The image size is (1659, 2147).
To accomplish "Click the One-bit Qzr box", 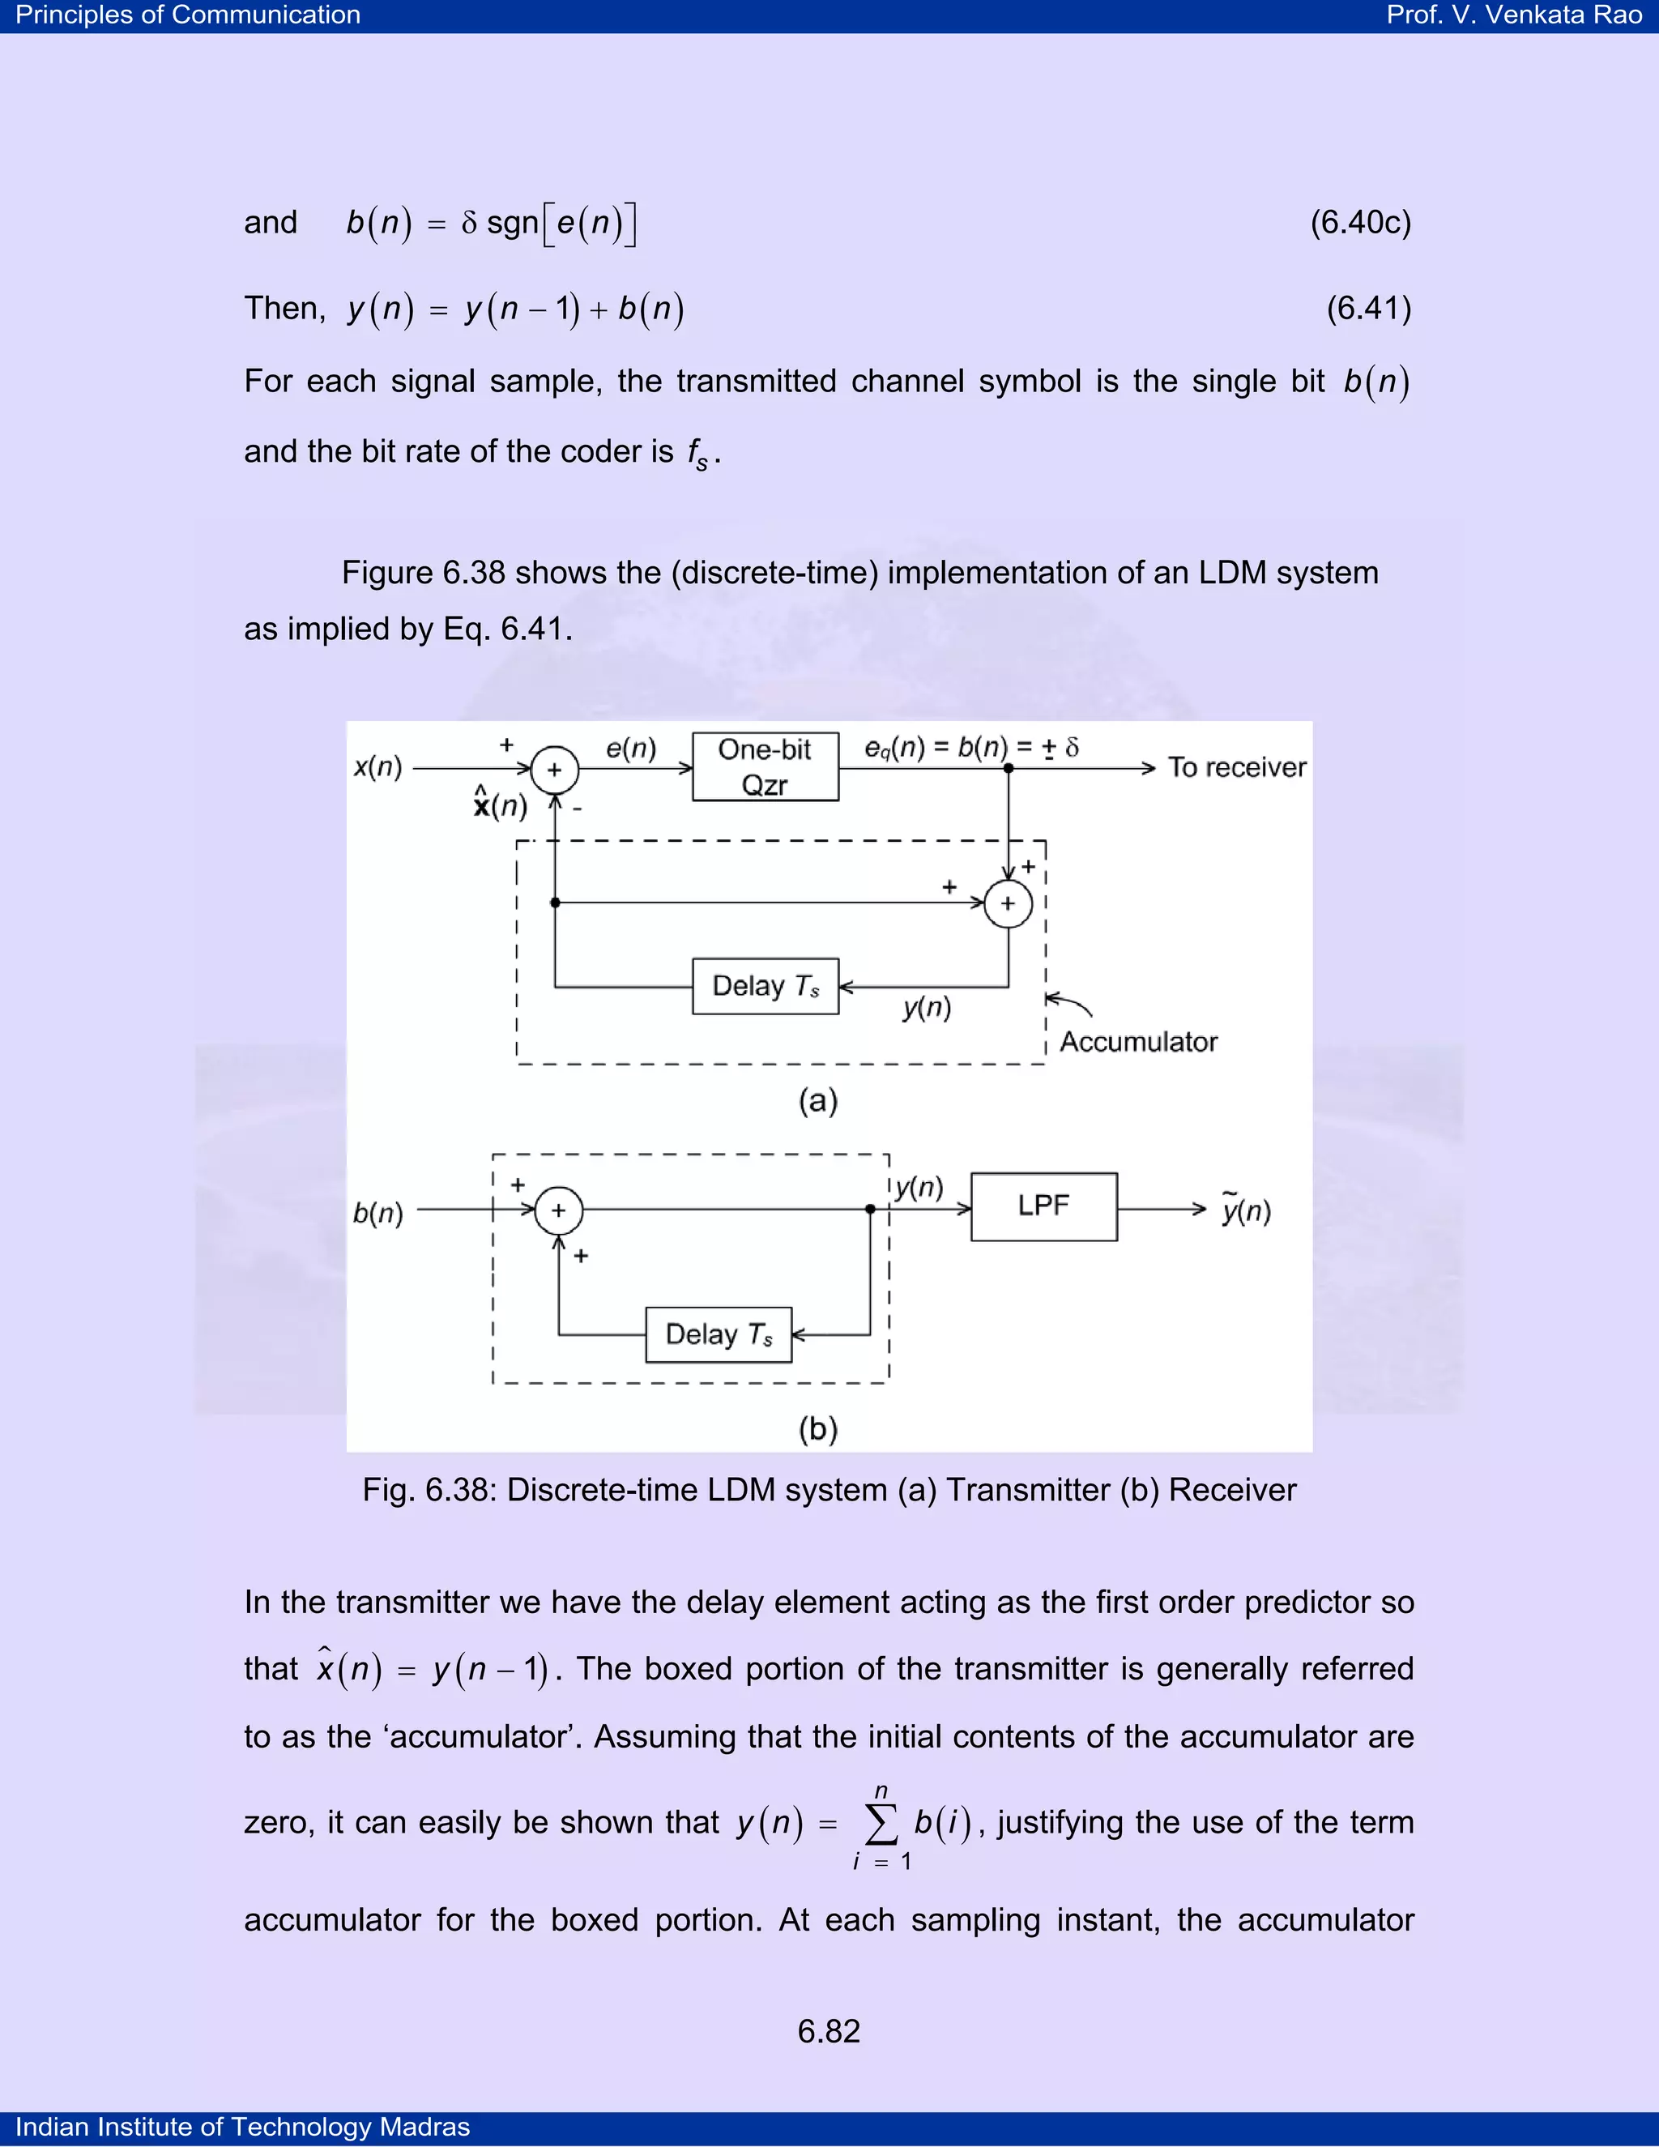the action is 765,766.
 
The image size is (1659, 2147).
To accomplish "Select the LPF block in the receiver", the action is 1043,1206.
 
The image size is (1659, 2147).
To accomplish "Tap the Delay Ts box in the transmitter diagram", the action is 765,986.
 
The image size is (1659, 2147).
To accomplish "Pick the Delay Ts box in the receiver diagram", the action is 719,1334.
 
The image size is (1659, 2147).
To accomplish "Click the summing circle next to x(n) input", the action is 554,770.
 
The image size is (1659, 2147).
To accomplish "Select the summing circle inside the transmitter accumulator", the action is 1008,903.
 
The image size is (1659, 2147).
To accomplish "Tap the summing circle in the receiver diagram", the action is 558,1210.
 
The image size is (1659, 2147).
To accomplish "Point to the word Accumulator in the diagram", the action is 1138,1042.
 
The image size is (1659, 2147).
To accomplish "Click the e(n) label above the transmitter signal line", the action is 630,749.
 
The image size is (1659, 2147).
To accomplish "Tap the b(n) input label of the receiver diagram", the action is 378,1213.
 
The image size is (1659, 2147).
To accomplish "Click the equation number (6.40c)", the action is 1360,222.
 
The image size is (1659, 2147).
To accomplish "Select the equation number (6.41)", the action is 1368,309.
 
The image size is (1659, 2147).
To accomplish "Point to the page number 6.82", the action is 829,2031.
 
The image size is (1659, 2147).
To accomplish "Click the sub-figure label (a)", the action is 817,1100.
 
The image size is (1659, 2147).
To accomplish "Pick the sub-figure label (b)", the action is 817,1428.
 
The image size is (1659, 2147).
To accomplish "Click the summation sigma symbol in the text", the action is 881,1825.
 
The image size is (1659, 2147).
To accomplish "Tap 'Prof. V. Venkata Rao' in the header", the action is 1513,15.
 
